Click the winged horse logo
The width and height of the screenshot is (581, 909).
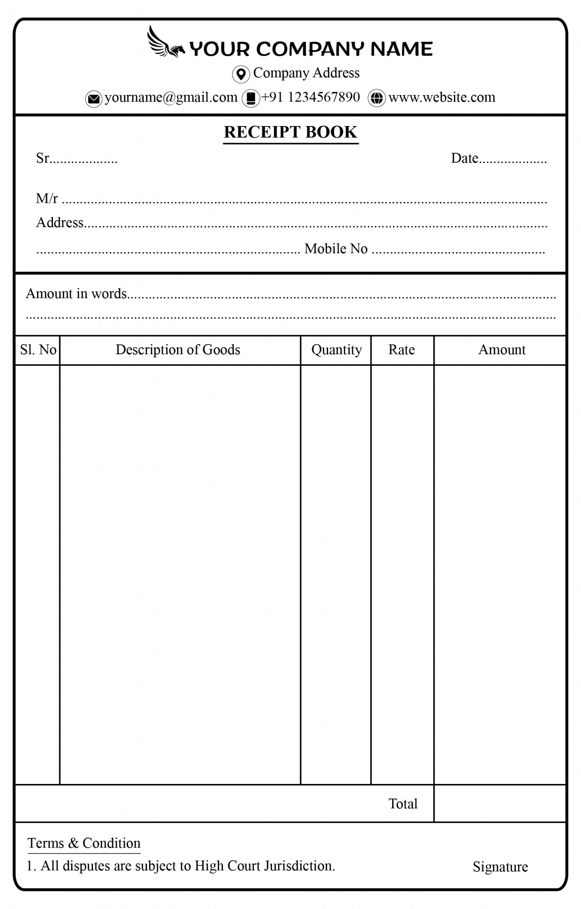click(165, 43)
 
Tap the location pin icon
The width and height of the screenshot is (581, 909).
click(241, 74)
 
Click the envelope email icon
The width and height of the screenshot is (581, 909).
click(94, 99)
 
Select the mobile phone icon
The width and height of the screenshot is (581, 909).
click(251, 98)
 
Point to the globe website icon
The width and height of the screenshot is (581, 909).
click(376, 98)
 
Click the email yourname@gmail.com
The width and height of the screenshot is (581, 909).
click(170, 97)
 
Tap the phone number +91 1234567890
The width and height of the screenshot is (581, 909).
click(310, 97)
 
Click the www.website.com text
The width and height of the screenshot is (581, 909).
click(442, 97)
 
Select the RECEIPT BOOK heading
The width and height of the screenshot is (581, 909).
click(290, 132)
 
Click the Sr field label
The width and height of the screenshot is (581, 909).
click(43, 158)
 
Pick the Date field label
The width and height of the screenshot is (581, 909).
click(465, 158)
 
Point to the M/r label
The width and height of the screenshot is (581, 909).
click(47, 198)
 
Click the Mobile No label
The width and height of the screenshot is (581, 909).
click(336, 249)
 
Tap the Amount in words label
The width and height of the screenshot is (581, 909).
click(76, 294)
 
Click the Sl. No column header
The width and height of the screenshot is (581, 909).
click(38, 350)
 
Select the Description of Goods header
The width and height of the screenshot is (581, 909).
click(178, 350)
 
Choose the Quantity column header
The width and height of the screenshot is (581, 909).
click(336, 350)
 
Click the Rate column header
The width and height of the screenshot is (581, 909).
click(401, 350)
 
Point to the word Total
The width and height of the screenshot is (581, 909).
click(403, 804)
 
